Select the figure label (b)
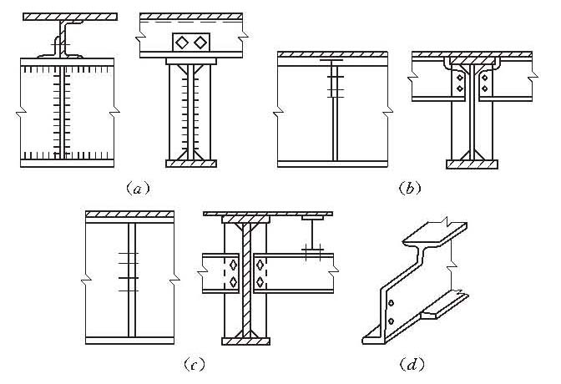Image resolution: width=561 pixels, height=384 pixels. pos(409,189)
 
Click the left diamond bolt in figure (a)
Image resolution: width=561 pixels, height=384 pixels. pos(182,42)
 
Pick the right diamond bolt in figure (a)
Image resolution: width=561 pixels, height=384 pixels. pos(200,42)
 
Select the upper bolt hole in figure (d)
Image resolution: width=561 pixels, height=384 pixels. pos(391,302)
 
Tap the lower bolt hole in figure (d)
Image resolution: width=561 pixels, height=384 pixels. pos(390,320)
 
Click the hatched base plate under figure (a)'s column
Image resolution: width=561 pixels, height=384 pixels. pos(191,164)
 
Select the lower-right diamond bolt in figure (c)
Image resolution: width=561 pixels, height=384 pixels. pos(262,282)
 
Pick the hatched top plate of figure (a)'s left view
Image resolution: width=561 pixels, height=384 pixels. pos(68,16)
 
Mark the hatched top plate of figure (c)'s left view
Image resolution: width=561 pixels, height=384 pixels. pos(129,215)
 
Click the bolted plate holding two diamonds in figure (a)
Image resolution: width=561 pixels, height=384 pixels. pos(191,42)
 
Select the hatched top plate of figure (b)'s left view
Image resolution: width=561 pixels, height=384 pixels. pos(333,55)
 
